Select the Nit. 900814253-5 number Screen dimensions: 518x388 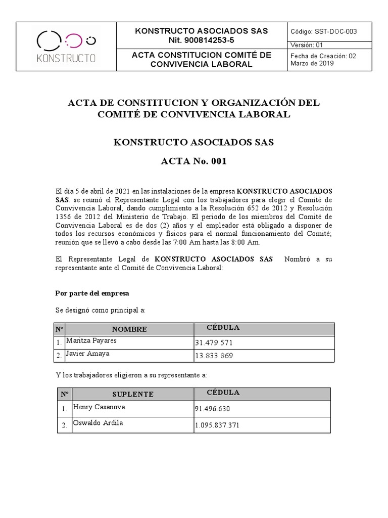click(x=201, y=40)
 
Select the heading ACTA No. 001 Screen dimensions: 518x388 click(x=193, y=162)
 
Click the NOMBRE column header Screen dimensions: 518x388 click(x=129, y=329)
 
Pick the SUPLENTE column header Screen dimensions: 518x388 click(x=133, y=394)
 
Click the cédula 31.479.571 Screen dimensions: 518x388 click(x=214, y=343)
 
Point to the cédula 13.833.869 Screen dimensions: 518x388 click(x=214, y=356)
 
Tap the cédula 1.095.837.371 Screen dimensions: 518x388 click(x=217, y=425)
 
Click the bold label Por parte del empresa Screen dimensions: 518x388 click(x=92, y=293)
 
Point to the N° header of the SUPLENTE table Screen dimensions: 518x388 click(x=64, y=394)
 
